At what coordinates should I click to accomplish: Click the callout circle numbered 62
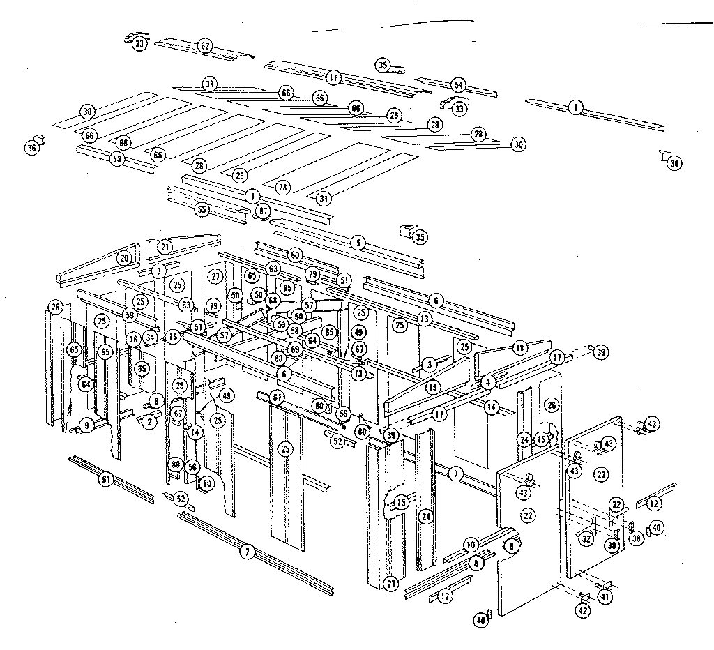(205, 47)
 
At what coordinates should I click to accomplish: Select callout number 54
(458, 85)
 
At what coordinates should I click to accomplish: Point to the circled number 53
(116, 159)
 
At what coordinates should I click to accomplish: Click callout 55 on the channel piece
(202, 209)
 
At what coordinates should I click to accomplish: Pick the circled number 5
(358, 243)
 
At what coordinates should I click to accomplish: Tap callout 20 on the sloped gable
(124, 259)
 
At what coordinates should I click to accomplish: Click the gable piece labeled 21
(165, 246)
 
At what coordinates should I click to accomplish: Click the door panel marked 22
(528, 515)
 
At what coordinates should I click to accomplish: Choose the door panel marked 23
(602, 474)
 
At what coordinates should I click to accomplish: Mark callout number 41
(604, 596)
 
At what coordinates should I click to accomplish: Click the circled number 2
(149, 422)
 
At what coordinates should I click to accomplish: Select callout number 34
(150, 338)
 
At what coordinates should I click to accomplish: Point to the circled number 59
(130, 315)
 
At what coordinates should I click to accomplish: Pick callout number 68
(272, 301)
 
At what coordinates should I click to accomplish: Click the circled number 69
(295, 348)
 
